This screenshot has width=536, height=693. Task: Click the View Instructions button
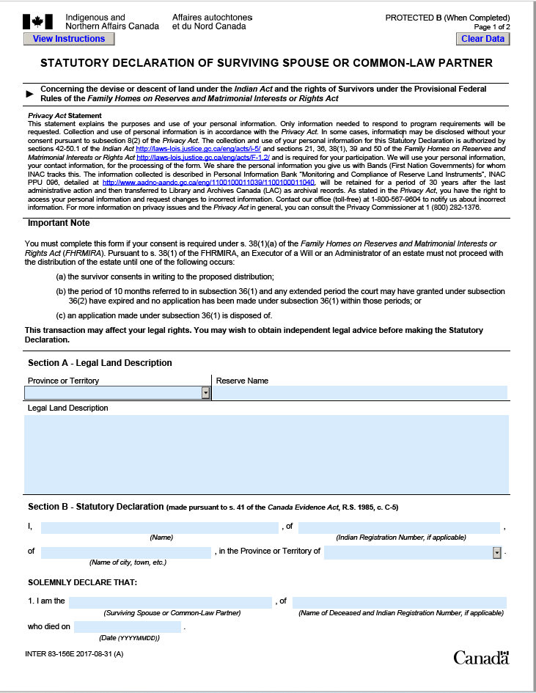point(69,39)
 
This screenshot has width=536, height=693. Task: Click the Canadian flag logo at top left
point(39,22)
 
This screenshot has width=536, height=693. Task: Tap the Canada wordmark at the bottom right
point(480,657)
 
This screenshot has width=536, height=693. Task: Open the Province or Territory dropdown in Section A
point(205,393)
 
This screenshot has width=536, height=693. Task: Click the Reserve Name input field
point(359,393)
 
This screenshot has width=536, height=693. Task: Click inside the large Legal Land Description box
point(266,454)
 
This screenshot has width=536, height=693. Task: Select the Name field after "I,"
point(160,527)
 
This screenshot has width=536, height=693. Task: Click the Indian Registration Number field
point(399,527)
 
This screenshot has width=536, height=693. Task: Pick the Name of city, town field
point(126,552)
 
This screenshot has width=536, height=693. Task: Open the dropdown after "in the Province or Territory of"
point(496,552)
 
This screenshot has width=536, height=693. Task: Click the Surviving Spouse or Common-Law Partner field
point(170,602)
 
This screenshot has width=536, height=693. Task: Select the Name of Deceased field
point(399,602)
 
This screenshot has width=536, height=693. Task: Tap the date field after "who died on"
point(128,627)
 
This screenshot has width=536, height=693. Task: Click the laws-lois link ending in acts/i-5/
point(199,148)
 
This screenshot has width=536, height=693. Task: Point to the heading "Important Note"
point(59,222)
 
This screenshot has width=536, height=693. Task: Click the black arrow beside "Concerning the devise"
point(30,94)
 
